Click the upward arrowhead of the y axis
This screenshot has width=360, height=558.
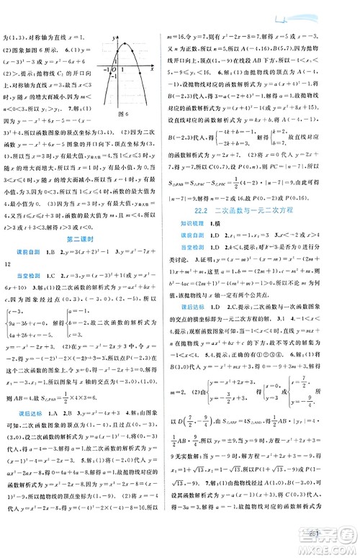point(119,34)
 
